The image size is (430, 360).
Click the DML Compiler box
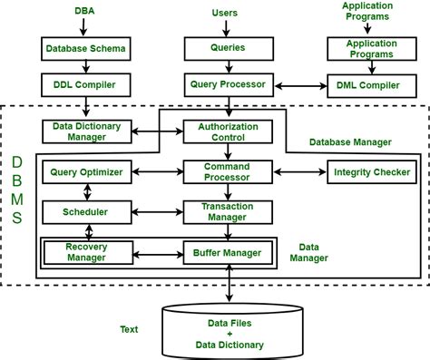(x=367, y=86)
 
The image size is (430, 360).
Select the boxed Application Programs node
(x=367, y=49)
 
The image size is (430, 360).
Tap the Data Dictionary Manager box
(x=87, y=131)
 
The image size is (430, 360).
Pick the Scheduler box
(x=86, y=211)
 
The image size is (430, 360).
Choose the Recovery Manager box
(x=86, y=251)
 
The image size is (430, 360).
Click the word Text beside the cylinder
(x=129, y=329)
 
